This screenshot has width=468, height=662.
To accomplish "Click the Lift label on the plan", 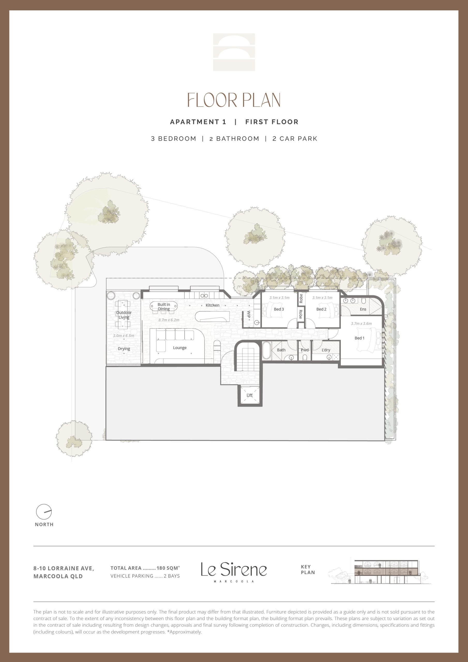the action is point(250,395).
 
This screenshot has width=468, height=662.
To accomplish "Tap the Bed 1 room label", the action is point(359,338).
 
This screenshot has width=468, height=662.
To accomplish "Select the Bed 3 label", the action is point(279,309).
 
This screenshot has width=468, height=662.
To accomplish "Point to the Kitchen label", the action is point(213,305).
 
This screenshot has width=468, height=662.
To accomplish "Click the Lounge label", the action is point(180,348).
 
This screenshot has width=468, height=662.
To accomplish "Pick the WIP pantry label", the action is point(248,314).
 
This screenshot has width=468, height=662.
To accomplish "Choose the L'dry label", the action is point(326,350).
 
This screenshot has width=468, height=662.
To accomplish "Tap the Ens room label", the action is point(363,309).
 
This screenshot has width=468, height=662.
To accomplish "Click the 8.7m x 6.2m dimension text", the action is point(169,320).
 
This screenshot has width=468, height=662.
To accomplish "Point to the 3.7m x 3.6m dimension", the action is point(361,324).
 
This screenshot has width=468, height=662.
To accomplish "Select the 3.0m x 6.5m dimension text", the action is point(123,336).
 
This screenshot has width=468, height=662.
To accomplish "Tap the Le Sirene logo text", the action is point(234,569).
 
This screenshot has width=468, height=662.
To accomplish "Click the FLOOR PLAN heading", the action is point(234,100).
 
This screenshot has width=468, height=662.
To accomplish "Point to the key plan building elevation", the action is point(380,571).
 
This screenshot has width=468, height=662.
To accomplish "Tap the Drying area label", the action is point(124,349).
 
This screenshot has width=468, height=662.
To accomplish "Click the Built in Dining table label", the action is point(164,306).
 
